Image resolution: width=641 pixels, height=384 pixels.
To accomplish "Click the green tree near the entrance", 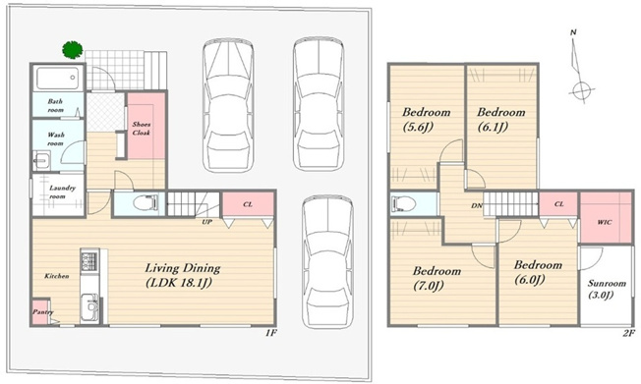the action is pyautogui.click(x=73, y=50).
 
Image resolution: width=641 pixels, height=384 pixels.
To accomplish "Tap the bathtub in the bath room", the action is pyautogui.click(x=57, y=78).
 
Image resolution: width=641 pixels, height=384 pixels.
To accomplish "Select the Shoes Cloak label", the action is pyautogui.click(x=141, y=129).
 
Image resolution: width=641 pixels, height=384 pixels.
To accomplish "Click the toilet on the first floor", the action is pyautogui.click(x=146, y=203).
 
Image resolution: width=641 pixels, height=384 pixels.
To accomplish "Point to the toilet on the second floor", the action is pyautogui.click(x=403, y=203).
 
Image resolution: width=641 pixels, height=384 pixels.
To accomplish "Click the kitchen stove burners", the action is pyautogui.click(x=89, y=261).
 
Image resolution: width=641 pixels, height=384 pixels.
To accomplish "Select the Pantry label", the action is pyautogui.click(x=43, y=312).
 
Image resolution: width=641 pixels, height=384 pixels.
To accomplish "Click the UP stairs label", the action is pyautogui.click(x=206, y=222).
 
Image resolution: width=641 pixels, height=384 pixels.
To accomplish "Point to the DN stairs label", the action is pyautogui.click(x=477, y=206).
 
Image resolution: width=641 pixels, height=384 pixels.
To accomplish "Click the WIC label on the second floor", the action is pyautogui.click(x=605, y=222).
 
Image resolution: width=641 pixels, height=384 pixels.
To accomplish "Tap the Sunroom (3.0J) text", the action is pyautogui.click(x=607, y=289).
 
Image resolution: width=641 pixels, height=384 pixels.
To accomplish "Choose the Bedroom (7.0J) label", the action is pyautogui.click(x=437, y=278).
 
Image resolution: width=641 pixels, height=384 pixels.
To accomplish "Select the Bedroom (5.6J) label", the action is pyautogui.click(x=426, y=119).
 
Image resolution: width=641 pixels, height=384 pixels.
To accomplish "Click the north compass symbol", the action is pyautogui.click(x=579, y=66).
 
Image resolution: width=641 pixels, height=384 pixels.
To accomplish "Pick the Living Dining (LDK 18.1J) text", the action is pyautogui.click(x=183, y=275).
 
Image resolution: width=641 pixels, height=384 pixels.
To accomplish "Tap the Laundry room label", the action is pyautogui.click(x=62, y=192).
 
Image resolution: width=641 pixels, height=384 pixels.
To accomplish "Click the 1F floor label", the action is pyautogui.click(x=271, y=333).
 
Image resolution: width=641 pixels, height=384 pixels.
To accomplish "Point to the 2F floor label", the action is pyautogui.click(x=629, y=333).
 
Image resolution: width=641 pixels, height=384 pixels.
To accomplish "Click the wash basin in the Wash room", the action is pyautogui.click(x=41, y=160).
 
